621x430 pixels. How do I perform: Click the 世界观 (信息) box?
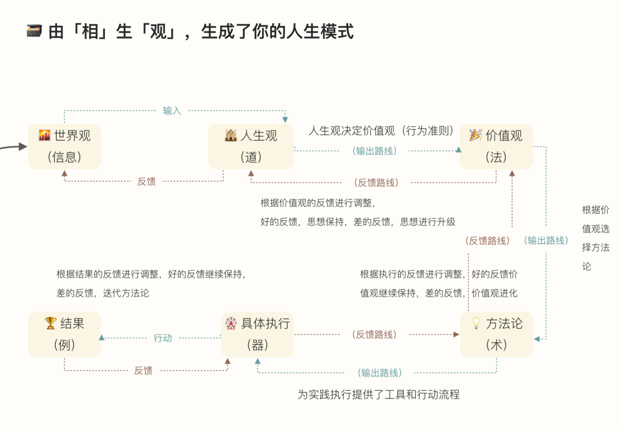[x=65, y=146]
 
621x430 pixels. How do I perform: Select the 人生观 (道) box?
[x=251, y=146]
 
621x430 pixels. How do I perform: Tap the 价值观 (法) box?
[x=496, y=146]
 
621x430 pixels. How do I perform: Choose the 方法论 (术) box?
[x=496, y=334]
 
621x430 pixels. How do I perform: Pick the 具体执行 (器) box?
[x=258, y=334]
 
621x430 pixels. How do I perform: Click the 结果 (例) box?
[x=65, y=334]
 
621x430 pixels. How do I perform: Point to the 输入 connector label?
[x=172, y=110]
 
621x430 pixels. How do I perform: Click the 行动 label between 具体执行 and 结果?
[x=163, y=338]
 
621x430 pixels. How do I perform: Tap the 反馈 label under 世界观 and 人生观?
[x=146, y=181]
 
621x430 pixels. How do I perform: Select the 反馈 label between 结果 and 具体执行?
[x=143, y=370]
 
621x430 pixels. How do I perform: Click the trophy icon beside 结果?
[x=51, y=323]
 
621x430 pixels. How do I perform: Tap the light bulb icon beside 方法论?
[x=476, y=323]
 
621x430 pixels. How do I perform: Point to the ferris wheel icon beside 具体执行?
[x=231, y=323]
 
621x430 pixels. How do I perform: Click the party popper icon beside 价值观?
[x=475, y=135]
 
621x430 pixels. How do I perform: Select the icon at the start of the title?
[x=34, y=31]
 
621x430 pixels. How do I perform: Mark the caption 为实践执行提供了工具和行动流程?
[x=378, y=395]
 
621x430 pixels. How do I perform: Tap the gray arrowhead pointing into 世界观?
[x=23, y=146]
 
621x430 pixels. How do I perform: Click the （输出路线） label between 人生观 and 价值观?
[x=375, y=150]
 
